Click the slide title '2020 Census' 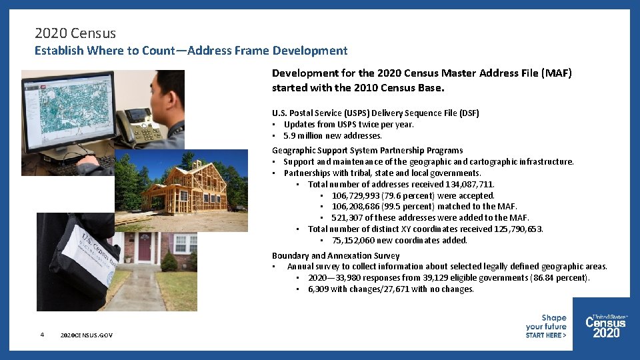click(x=75, y=33)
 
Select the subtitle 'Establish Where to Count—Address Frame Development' click(x=191, y=51)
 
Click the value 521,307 click(x=348, y=218)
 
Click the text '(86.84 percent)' click(x=559, y=278)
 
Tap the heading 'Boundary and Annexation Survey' click(x=335, y=255)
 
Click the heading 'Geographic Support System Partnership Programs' click(x=367, y=150)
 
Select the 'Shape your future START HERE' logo click(x=546, y=327)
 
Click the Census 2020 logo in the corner click(x=606, y=325)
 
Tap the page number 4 click(x=41, y=335)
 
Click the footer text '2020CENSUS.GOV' click(x=86, y=335)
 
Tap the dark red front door click(x=145, y=247)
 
